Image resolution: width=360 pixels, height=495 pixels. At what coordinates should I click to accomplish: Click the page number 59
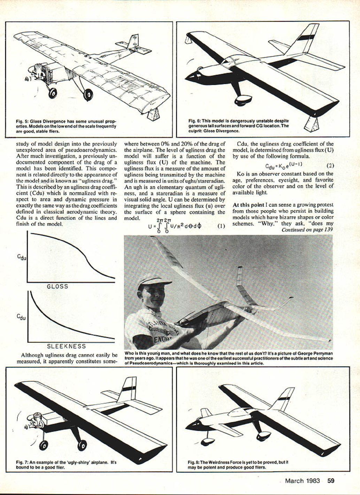tap(331, 481)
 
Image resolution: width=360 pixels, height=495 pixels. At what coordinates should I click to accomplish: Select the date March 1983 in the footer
tap(302, 481)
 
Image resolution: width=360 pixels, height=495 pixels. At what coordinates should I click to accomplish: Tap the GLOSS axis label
tap(58, 286)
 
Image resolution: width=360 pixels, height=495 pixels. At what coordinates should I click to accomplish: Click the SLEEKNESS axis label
tap(66, 346)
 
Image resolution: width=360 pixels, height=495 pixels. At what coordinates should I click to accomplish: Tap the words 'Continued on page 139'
tap(307, 230)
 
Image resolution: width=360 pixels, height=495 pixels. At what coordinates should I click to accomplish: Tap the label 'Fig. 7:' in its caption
tap(22, 463)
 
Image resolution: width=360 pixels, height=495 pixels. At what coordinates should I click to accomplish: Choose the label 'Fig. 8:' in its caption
tap(193, 462)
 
